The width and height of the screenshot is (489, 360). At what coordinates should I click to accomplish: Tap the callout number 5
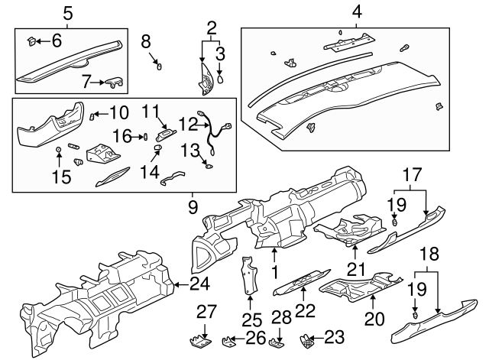click(68, 12)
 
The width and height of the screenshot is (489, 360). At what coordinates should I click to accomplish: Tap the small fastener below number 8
click(159, 66)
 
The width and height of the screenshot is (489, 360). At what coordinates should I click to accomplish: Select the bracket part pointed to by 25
click(249, 279)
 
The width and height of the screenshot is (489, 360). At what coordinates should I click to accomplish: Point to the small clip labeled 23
click(308, 336)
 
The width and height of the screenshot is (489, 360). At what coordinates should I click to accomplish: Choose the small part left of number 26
click(228, 340)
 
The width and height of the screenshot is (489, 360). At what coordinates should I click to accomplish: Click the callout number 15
click(60, 178)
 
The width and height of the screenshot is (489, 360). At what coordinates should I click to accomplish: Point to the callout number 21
click(354, 269)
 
